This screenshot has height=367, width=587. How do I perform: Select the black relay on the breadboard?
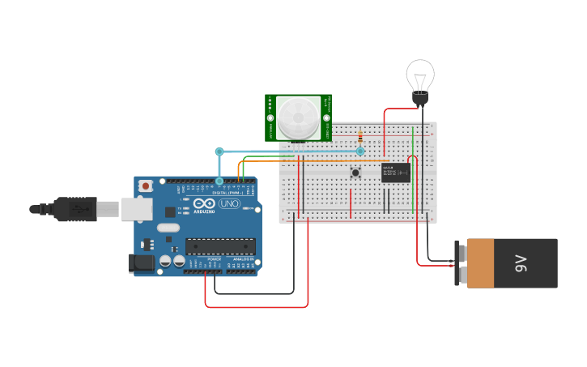point(396,172)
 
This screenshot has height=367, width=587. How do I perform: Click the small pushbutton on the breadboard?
point(355,172)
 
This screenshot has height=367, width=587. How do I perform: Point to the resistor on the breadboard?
point(360,139)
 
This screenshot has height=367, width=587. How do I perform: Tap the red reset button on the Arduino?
point(145,186)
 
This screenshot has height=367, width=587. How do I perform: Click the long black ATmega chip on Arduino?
point(220,246)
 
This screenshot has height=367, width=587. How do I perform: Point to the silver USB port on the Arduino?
point(136,209)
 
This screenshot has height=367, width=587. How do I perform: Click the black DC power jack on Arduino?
point(142,262)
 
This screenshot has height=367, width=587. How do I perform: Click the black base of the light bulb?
point(420,99)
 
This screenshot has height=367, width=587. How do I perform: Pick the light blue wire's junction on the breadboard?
point(360,151)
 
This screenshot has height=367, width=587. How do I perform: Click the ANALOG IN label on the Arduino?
point(242,259)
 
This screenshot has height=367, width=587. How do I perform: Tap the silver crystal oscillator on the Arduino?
point(168,228)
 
